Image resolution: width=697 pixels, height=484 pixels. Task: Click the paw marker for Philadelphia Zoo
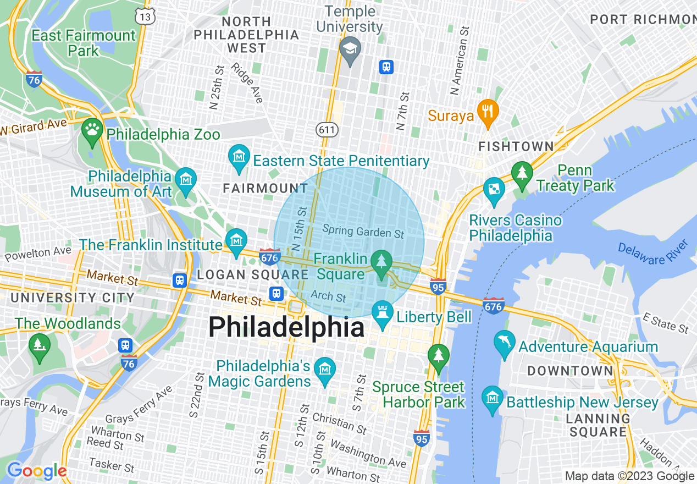[92, 130]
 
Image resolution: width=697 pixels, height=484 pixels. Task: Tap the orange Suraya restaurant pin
[487, 111]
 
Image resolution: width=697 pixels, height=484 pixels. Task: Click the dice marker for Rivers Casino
[494, 189]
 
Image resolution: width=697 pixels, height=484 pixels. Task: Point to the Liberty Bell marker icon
[382, 313]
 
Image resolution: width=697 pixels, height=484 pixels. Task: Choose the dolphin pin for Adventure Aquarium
[504, 343]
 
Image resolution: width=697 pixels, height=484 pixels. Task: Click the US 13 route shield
[146, 18]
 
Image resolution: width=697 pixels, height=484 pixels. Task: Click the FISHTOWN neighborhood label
[516, 146]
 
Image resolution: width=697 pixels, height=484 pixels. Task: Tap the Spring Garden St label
[363, 232]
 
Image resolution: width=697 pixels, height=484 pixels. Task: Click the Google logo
[36, 471]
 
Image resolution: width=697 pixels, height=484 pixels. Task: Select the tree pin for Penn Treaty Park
[522, 173]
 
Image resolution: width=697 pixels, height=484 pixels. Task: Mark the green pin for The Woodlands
[39, 346]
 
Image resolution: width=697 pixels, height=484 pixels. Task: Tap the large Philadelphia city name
[286, 328]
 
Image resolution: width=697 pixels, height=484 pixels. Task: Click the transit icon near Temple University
[386, 67]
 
